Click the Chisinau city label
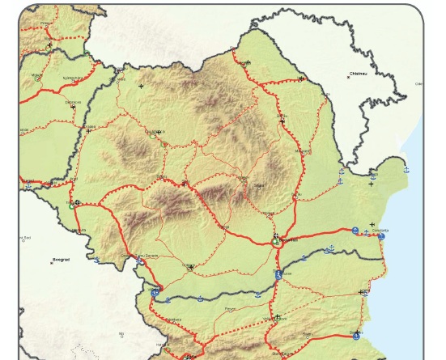click(358, 73)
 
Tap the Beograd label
click(61, 260)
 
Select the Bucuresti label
click(289, 240)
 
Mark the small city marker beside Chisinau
click(349, 77)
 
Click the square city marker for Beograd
click(52, 263)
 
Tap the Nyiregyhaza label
click(73, 78)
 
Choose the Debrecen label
click(73, 102)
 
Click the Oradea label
click(89, 126)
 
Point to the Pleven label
click(231, 308)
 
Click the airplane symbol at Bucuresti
click(276, 237)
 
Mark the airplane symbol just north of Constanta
click(372, 224)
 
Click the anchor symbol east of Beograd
click(96, 260)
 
